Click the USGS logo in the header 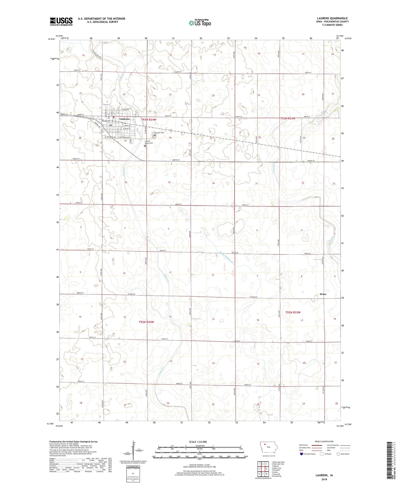point(61,21)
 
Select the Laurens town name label point(124,119)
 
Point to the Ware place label point(323,294)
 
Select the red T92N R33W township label point(297,312)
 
